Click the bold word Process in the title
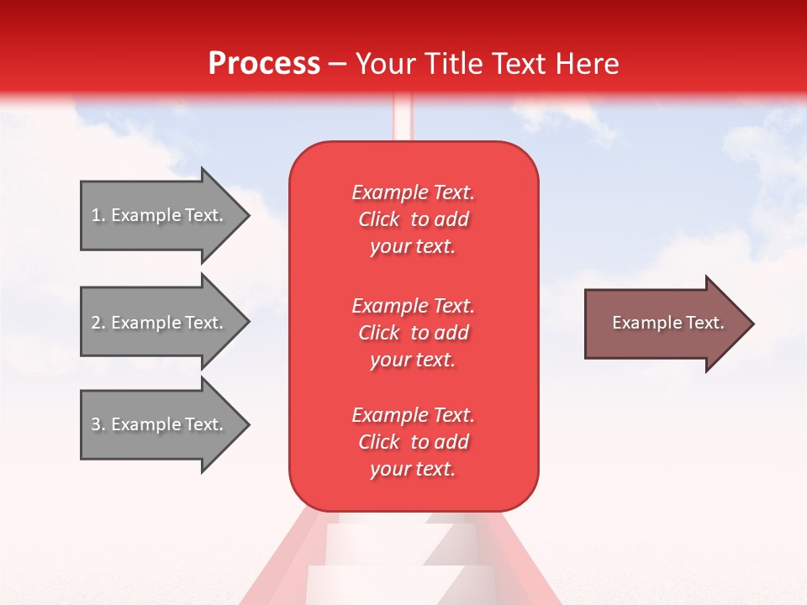click(x=264, y=64)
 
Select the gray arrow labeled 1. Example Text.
click(x=160, y=215)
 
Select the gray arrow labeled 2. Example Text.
click(x=160, y=323)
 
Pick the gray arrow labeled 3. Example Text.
click(x=160, y=424)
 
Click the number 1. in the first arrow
click(x=98, y=215)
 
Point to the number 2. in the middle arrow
click(x=98, y=323)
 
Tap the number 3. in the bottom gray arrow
click(x=98, y=424)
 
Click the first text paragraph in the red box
click(x=413, y=219)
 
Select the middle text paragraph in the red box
click(x=413, y=333)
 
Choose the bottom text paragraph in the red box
click(x=413, y=442)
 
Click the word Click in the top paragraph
click(x=379, y=219)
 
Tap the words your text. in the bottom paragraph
click(x=413, y=469)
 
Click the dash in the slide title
click(x=337, y=64)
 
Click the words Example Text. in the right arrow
click(x=667, y=323)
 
